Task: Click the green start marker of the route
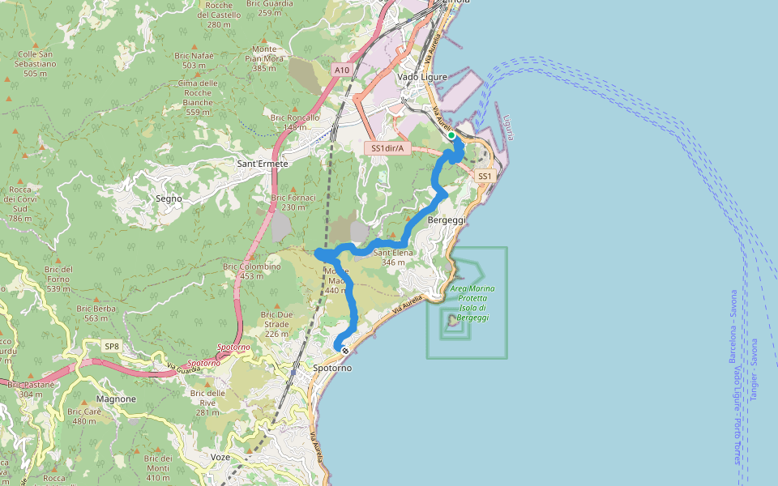click(451, 135)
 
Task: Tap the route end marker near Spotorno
click(345, 351)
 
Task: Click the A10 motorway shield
click(342, 70)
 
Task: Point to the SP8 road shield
click(112, 346)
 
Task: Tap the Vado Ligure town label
click(423, 77)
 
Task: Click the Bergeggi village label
click(447, 220)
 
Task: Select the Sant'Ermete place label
click(262, 164)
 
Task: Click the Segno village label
click(169, 198)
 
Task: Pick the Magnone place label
click(115, 399)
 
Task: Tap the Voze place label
click(220, 457)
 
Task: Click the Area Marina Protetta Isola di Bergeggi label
click(472, 303)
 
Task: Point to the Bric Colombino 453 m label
click(251, 271)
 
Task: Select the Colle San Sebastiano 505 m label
click(35, 64)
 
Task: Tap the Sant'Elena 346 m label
click(393, 258)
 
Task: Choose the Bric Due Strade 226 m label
click(276, 324)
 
